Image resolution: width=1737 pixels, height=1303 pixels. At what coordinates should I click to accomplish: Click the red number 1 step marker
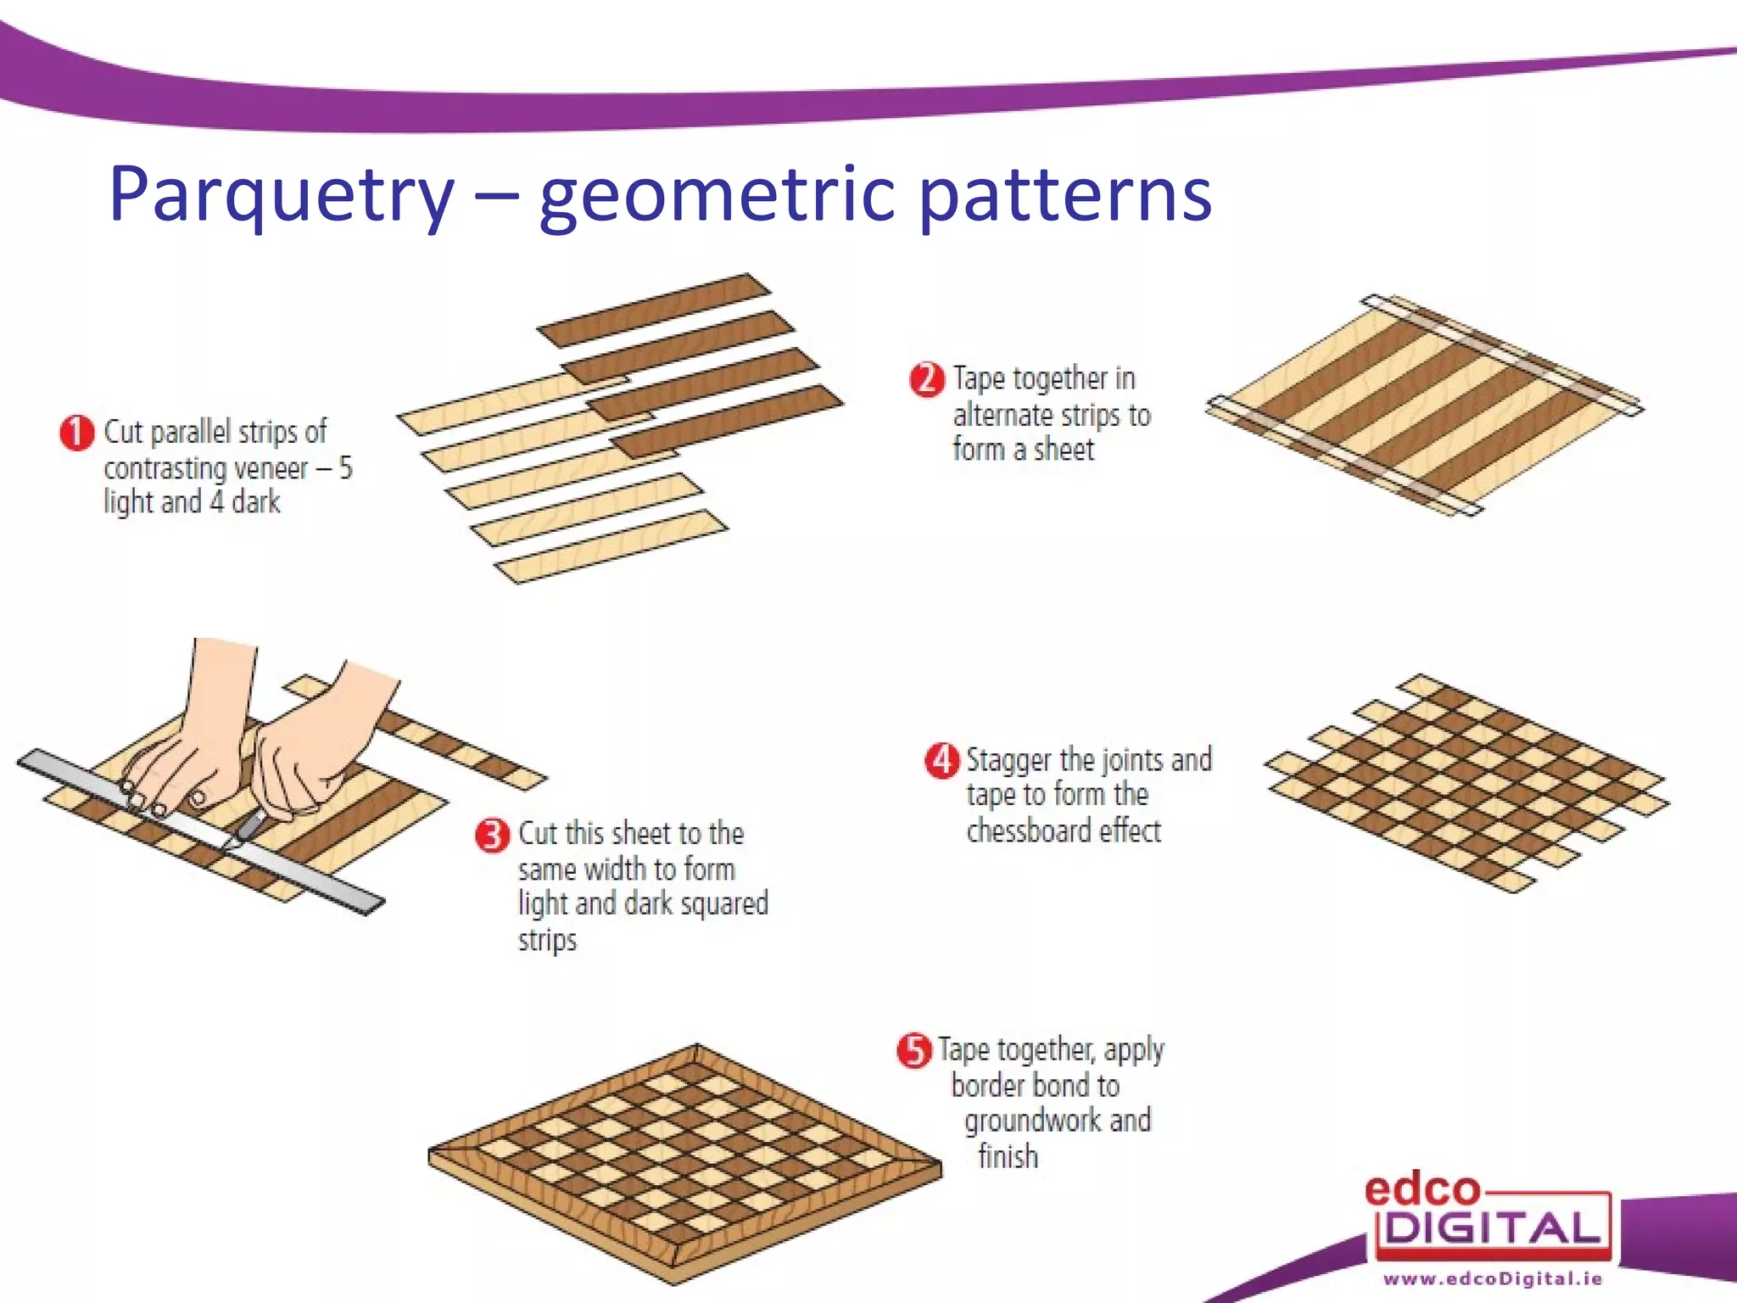pos(76,433)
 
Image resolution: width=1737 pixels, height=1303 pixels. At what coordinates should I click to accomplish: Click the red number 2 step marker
pos(926,379)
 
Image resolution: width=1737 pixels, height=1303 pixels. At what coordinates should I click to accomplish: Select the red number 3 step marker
pos(492,836)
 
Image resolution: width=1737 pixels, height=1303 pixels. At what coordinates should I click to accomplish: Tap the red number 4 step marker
pos(941,760)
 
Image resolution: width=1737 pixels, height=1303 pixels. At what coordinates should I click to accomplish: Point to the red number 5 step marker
pos(913,1051)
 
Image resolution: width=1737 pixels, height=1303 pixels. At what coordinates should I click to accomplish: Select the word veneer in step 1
pos(265,468)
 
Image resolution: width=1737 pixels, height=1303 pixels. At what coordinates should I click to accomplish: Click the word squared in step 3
pos(724,903)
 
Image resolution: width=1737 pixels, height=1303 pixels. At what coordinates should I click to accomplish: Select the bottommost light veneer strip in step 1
pos(611,546)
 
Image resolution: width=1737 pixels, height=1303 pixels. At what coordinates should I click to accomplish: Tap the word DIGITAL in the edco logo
pos(1493,1228)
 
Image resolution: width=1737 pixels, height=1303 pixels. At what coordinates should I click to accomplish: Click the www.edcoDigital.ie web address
pos(1493,1278)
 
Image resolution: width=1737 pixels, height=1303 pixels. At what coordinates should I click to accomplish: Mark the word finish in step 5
pos(1008,1156)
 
